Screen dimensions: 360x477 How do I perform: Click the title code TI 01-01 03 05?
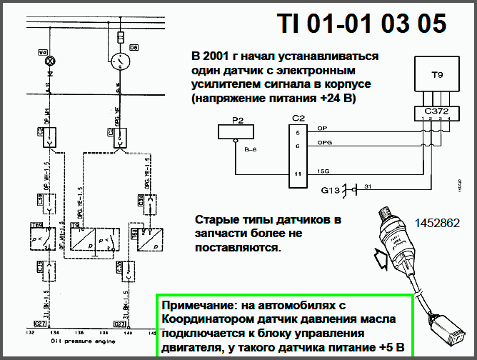(x=362, y=24)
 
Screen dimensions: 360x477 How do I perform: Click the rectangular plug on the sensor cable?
(x=453, y=329)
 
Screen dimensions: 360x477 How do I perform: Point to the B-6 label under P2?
(x=250, y=149)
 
